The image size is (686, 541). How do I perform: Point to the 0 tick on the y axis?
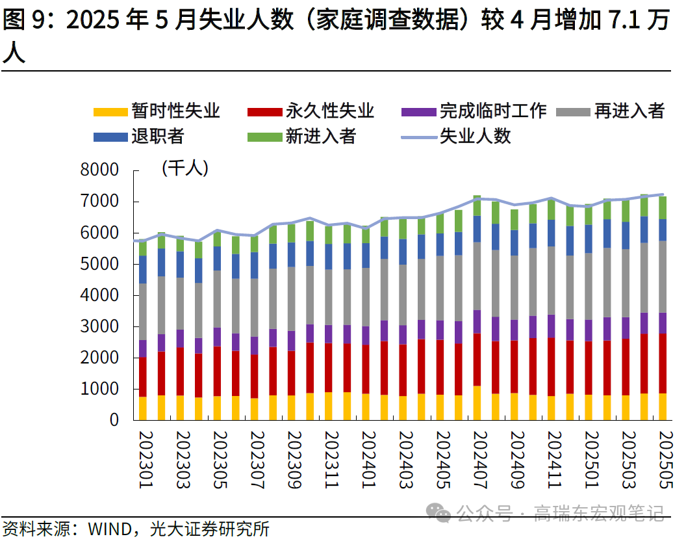click(x=114, y=420)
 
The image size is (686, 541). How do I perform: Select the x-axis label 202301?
click(x=142, y=462)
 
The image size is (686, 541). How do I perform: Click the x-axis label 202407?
click(x=477, y=462)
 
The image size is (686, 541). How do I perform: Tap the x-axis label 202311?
click(x=328, y=462)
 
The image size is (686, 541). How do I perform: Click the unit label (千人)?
click(x=184, y=168)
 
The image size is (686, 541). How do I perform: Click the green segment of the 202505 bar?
click(x=663, y=207)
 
